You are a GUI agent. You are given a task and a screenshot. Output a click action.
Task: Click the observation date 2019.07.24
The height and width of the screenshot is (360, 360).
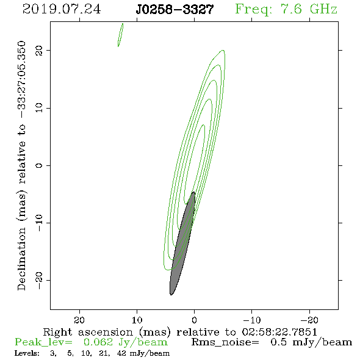point(62,9)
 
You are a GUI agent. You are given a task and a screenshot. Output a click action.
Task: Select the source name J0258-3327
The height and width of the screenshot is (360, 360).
point(175,10)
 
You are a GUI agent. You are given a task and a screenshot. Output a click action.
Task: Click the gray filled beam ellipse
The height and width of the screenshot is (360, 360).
point(182,243)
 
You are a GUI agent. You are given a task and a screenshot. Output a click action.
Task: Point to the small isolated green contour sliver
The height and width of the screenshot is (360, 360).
point(121,35)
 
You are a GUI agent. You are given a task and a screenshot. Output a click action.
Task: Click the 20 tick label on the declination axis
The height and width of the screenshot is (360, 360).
point(39,51)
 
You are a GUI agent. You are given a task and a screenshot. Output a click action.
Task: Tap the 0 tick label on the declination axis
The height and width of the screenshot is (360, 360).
point(39,165)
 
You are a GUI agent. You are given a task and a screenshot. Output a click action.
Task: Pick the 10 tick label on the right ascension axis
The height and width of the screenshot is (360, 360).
point(137,320)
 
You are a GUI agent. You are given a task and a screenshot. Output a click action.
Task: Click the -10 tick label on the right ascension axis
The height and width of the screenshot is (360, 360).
point(252,320)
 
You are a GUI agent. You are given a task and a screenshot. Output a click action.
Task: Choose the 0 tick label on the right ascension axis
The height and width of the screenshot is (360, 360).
point(194,320)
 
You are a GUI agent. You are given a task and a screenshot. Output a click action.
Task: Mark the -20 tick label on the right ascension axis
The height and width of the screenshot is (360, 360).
point(309,320)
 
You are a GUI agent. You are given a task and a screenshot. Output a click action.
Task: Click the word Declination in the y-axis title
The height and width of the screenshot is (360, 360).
point(21,259)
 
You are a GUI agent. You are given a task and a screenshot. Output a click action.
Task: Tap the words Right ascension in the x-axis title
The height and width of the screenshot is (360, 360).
point(88,332)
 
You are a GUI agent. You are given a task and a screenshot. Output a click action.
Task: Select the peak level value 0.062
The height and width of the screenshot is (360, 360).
point(98,342)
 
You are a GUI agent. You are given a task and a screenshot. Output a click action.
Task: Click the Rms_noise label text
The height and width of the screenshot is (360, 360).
point(225,342)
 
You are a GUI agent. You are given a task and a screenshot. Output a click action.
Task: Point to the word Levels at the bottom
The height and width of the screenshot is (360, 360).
point(27,353)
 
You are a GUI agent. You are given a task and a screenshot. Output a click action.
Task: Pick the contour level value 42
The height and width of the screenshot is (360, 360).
point(121,353)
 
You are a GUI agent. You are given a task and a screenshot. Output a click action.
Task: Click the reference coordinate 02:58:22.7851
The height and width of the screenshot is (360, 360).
point(279,332)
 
